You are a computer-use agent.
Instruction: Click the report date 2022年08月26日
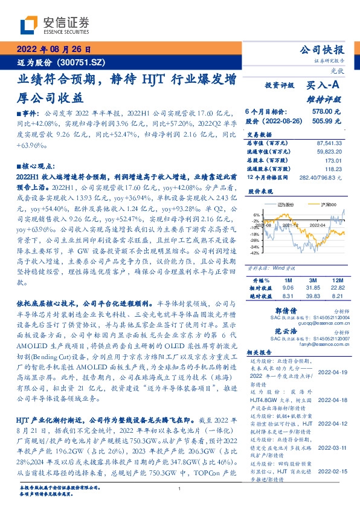click(x=54, y=50)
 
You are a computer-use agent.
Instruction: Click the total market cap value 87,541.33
click(x=329, y=143)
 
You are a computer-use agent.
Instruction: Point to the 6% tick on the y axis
click(x=257, y=215)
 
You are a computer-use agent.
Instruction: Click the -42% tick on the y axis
click(x=256, y=253)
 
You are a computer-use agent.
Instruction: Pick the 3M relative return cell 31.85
click(x=312, y=288)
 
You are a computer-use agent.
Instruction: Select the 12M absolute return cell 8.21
click(x=336, y=296)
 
